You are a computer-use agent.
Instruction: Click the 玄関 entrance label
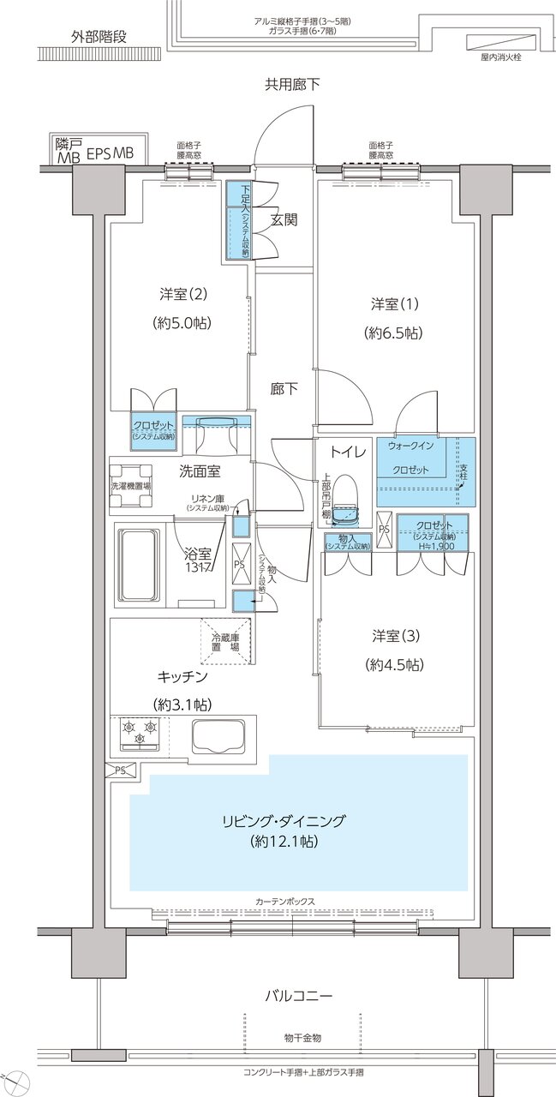point(284,219)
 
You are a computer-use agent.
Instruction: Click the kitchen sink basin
point(218,735)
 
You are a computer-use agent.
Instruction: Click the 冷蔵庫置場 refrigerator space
point(227,642)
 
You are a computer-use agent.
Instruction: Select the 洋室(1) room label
point(396,303)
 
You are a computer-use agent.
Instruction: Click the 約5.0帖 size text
point(184,323)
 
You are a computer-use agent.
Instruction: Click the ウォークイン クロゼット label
point(411,458)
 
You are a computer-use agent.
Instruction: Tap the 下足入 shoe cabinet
point(237,220)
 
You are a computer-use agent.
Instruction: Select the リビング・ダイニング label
point(284,820)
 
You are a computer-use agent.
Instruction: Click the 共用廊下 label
point(292,84)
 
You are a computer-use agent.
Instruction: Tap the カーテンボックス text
point(284,902)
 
